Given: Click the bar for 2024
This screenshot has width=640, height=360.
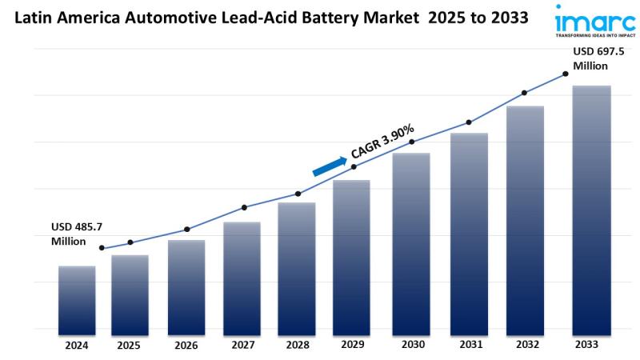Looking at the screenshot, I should (x=77, y=298).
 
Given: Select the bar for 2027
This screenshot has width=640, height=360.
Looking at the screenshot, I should (x=242, y=275).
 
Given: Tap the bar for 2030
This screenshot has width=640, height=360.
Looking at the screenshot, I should (x=411, y=241).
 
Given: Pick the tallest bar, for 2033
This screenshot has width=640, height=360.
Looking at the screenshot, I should (x=592, y=207).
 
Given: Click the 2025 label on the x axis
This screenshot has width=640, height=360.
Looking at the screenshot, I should (x=129, y=346).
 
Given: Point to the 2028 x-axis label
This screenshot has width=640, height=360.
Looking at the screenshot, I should (x=296, y=346).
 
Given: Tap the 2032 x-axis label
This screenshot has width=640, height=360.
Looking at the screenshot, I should (x=525, y=345).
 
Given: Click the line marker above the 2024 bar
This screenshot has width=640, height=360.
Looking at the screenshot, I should (x=102, y=248).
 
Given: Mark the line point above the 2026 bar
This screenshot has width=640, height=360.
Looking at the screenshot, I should (x=187, y=230).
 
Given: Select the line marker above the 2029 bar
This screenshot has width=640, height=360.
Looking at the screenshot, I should (x=354, y=167).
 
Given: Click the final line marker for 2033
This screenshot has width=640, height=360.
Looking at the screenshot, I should (x=566, y=74).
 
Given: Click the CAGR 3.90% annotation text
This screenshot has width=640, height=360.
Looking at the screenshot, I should (x=382, y=141).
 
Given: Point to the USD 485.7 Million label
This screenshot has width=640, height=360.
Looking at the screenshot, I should (x=74, y=234).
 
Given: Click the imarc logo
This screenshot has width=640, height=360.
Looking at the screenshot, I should (x=596, y=22).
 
